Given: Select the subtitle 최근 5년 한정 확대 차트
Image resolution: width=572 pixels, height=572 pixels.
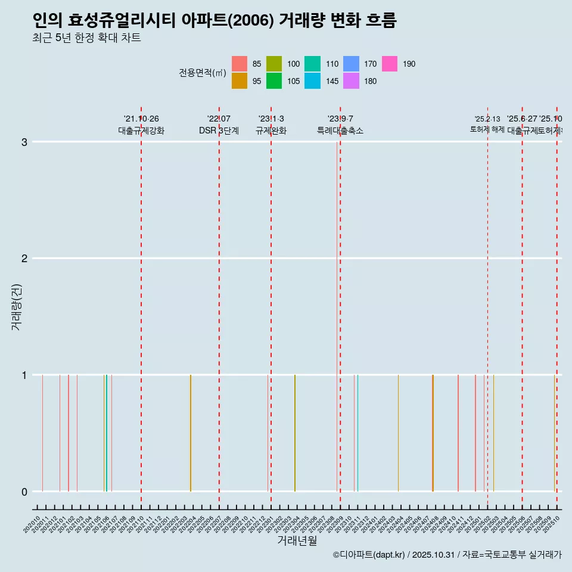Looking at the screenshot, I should pos(87,39).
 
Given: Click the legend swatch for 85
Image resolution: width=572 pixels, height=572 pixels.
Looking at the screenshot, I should pos(240,64).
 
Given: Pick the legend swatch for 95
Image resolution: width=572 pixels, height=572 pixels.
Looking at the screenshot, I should pos(240,81).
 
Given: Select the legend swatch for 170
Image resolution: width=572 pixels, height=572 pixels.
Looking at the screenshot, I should pos(352,64).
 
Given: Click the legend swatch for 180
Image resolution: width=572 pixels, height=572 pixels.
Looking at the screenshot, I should pos(352,81).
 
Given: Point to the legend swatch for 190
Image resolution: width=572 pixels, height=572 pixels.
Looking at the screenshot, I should pos(389,64).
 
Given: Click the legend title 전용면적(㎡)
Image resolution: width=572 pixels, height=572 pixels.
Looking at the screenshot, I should pos(202,73).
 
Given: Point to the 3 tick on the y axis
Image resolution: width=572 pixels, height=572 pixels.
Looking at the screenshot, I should pos(24,142).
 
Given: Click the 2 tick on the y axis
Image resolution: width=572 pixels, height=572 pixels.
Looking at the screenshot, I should pos(24,258).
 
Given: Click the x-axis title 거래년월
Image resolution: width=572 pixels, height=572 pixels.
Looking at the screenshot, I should pos(297,540).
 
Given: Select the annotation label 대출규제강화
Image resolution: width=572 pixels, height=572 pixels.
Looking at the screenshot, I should pos(141,130).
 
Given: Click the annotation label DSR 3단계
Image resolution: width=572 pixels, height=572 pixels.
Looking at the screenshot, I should pos(219,130).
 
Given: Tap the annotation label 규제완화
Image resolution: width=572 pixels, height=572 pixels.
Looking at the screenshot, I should pos(271,130).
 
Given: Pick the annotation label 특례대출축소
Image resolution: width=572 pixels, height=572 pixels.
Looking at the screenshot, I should pos(340,130).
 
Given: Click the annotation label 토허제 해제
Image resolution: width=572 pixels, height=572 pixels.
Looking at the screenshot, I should pos(487,129).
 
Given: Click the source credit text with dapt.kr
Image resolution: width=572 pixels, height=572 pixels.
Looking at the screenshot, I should pos(447,555).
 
